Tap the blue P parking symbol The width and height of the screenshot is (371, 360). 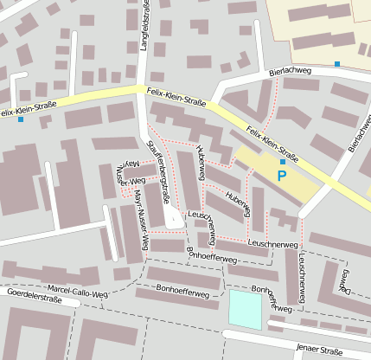tap(281, 176)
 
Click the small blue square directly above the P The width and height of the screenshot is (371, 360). tap(282, 162)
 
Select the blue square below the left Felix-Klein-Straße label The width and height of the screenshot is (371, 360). tap(21, 119)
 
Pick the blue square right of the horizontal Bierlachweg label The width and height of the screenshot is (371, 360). tap(336, 64)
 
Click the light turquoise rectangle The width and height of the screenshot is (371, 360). tap(245, 309)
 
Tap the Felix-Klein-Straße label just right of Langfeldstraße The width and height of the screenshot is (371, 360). tap(176, 96)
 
